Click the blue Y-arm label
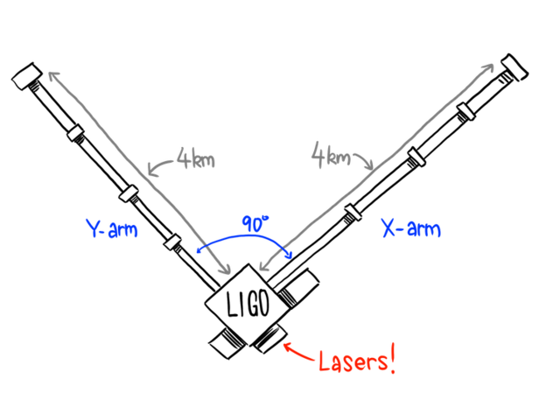pyautogui.click(x=111, y=229)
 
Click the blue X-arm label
pyautogui.click(x=412, y=230)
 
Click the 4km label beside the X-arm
pyautogui.click(x=331, y=157)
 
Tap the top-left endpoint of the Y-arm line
pyautogui.click(x=52, y=75)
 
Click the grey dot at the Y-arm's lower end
pyautogui.click(x=227, y=270)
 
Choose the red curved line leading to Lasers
pyautogui.click(x=302, y=354)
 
